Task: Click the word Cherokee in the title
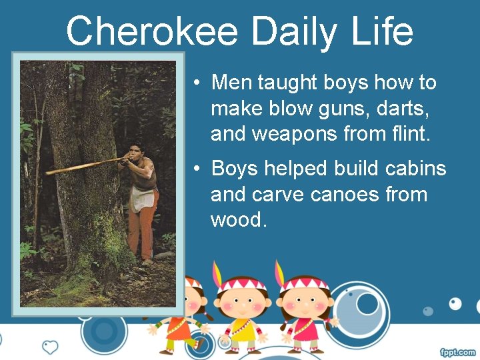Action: tap(153, 31)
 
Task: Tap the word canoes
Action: tap(343, 195)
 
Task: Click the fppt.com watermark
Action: tap(457, 351)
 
